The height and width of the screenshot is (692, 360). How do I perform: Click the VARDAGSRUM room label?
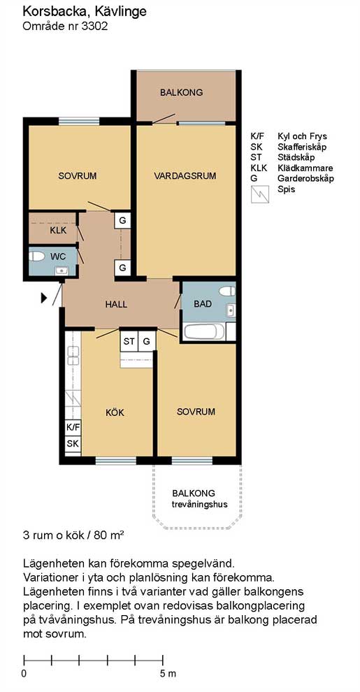[x=185, y=175]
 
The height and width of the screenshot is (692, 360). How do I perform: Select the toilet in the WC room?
[x=37, y=256]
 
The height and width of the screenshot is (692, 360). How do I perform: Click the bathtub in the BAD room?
[x=203, y=332]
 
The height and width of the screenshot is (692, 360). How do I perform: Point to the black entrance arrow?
[x=43, y=298]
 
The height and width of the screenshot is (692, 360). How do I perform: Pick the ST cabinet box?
[x=129, y=342]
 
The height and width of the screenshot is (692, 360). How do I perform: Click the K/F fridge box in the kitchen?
[x=73, y=427]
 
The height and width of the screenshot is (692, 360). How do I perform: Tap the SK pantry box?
[x=73, y=444]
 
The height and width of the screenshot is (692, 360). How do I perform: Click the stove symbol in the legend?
[x=260, y=194]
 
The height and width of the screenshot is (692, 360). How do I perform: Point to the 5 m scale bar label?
[x=167, y=673]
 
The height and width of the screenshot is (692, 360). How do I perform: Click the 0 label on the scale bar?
[x=24, y=673]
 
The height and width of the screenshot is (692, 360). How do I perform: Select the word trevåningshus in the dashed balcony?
[x=200, y=503]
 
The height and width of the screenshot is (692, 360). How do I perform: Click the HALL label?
[x=116, y=304]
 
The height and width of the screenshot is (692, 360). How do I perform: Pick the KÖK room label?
[x=115, y=412]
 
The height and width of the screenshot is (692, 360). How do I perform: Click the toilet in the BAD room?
[x=228, y=291]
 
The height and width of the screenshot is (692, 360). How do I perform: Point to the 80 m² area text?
[x=108, y=536]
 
